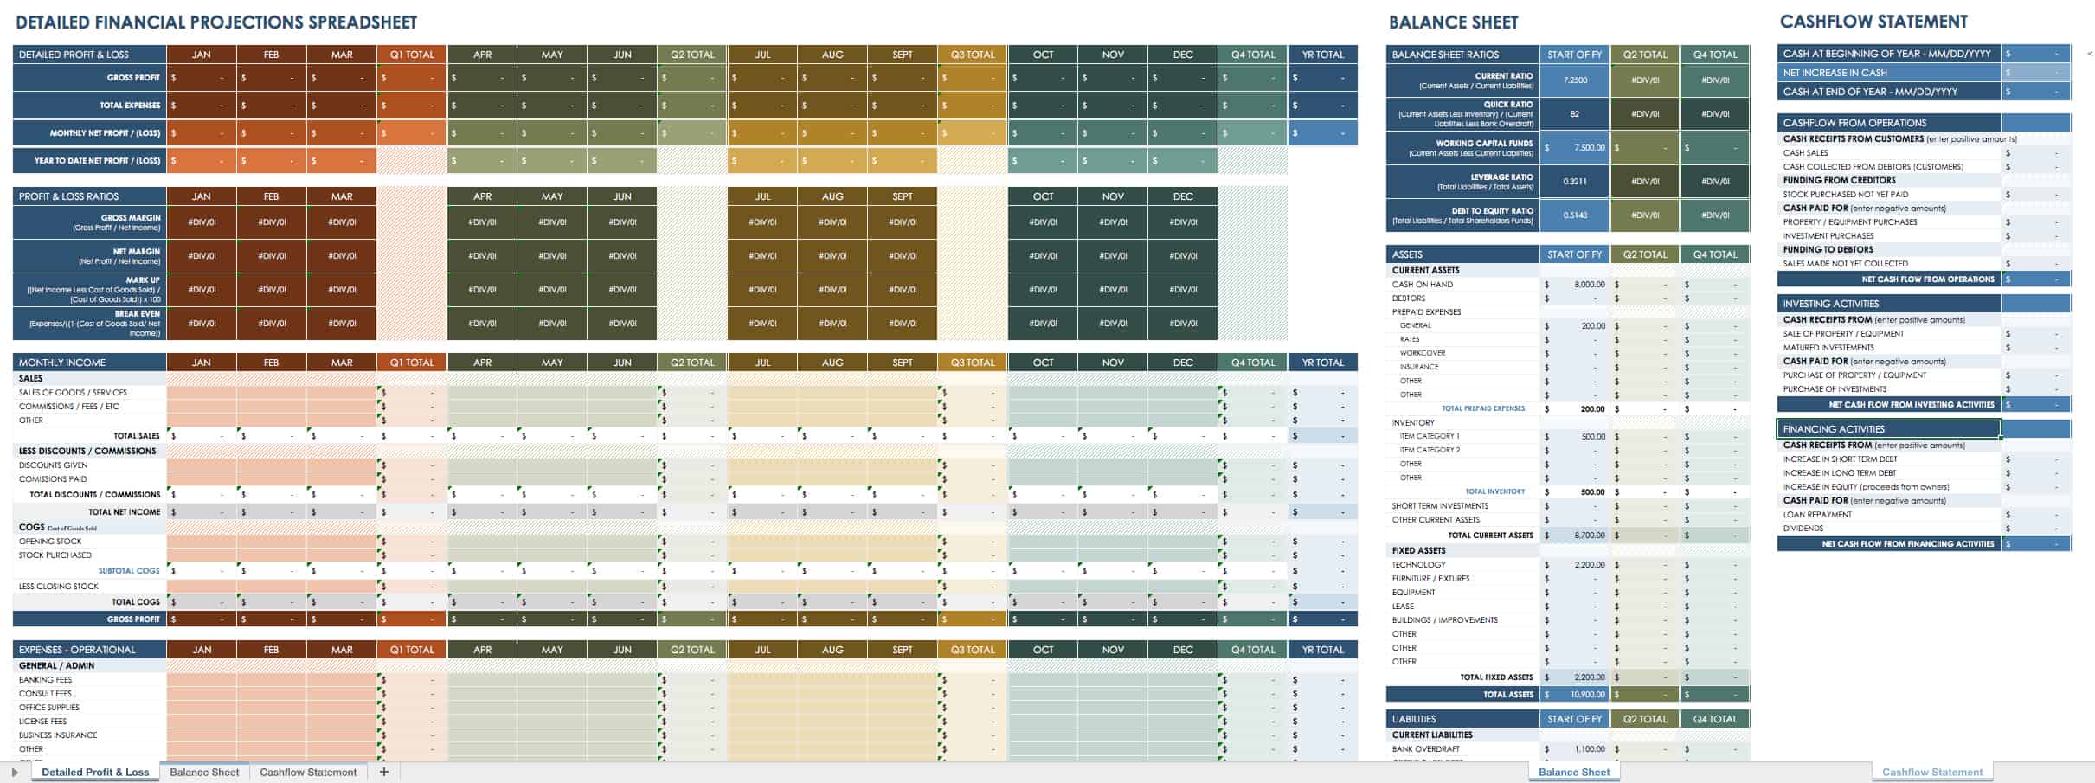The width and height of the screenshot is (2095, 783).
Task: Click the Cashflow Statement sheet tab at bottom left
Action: tap(307, 772)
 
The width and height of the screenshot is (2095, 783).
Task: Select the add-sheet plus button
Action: tap(384, 772)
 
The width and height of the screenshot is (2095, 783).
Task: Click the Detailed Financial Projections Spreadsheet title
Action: tap(216, 22)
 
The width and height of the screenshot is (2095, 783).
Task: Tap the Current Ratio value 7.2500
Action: tap(1575, 80)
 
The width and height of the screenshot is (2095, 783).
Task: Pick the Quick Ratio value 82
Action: tap(1575, 114)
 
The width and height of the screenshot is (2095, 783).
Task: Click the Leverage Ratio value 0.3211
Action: tap(1575, 182)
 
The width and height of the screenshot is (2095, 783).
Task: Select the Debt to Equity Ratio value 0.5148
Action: tap(1575, 215)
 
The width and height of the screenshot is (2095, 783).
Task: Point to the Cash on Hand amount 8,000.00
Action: tap(1589, 285)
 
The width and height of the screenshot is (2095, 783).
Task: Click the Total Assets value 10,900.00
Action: tap(1588, 695)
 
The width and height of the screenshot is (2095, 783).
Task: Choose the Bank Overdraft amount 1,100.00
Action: tap(1590, 749)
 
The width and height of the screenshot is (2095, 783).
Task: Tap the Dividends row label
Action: tap(1803, 529)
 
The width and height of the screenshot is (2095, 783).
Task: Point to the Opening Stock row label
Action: tap(50, 542)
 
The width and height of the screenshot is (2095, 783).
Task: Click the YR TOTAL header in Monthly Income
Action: tap(1322, 363)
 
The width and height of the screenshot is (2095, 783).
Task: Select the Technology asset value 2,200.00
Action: tap(1590, 565)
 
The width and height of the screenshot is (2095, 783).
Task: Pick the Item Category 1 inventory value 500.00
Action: tap(1592, 437)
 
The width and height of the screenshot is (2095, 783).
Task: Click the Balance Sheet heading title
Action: tap(1453, 22)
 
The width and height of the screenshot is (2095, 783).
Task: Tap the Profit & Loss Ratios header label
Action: tap(68, 196)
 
